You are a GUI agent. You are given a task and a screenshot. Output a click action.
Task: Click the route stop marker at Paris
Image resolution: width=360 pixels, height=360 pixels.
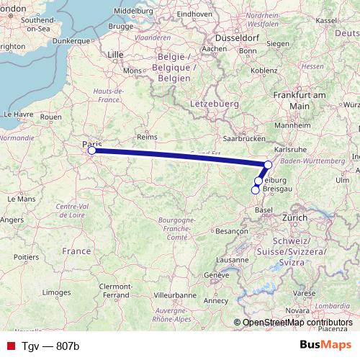[91, 150]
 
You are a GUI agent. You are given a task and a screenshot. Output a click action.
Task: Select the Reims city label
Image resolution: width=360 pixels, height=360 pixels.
[147, 136]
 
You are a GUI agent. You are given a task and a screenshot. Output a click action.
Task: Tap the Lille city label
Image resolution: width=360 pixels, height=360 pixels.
[115, 54]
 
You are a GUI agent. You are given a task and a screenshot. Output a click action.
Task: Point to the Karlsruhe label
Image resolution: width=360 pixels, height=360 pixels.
[291, 149]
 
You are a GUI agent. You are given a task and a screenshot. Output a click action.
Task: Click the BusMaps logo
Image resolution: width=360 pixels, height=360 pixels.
[324, 345]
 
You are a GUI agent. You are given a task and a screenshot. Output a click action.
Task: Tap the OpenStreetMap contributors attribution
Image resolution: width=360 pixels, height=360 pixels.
[297, 323]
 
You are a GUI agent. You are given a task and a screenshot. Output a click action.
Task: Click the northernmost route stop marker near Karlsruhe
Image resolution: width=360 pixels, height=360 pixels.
[268, 165]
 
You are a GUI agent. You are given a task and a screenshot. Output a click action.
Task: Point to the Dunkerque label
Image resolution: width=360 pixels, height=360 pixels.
[71, 41]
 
